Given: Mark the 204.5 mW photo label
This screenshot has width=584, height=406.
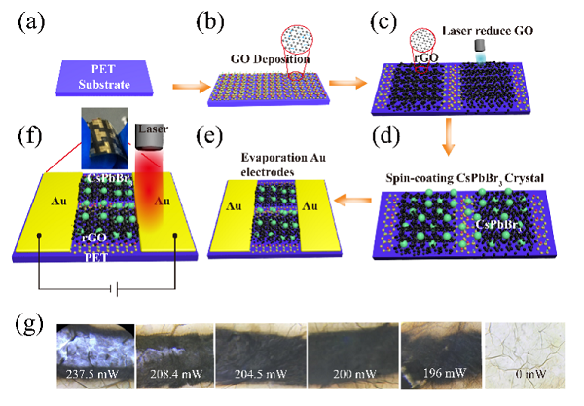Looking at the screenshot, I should [x=260, y=374].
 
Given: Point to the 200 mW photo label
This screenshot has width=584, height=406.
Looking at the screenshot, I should [x=350, y=374].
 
